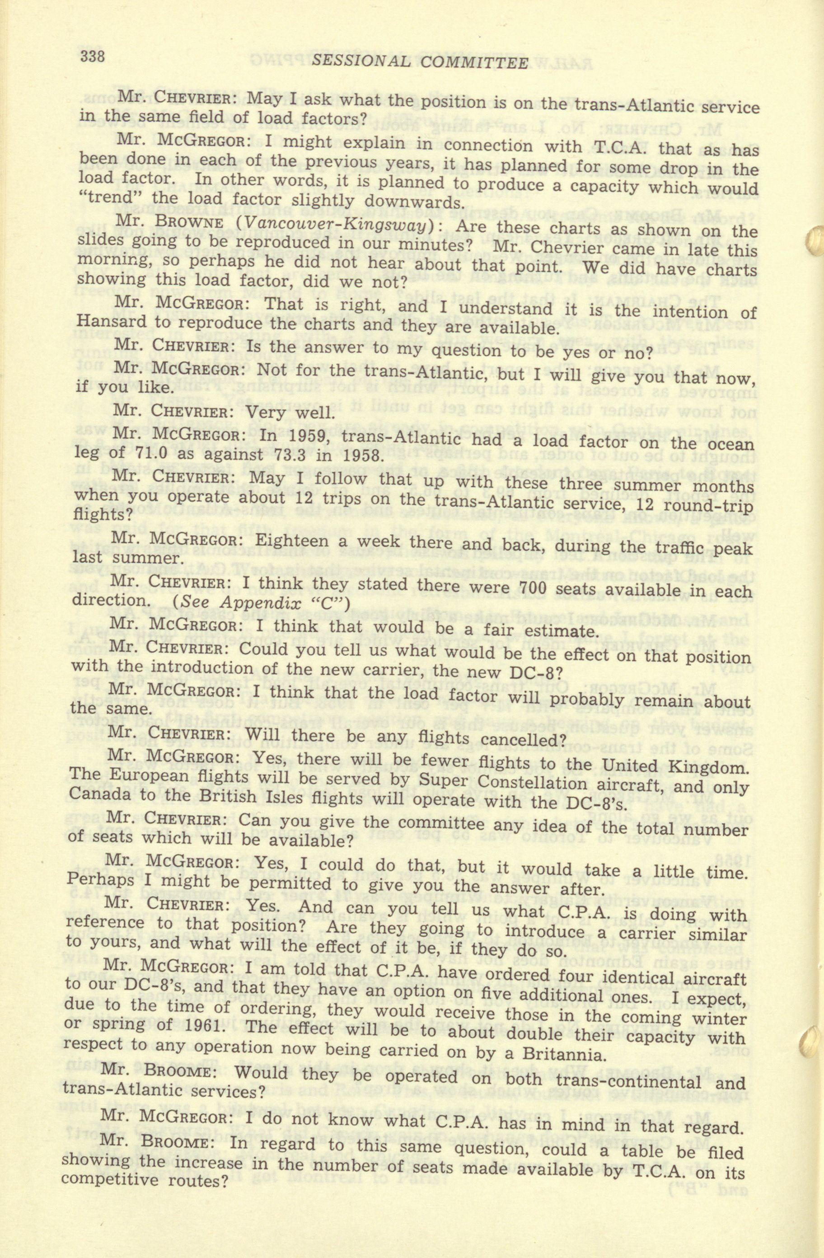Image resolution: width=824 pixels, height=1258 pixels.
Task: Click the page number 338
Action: [94, 56]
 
